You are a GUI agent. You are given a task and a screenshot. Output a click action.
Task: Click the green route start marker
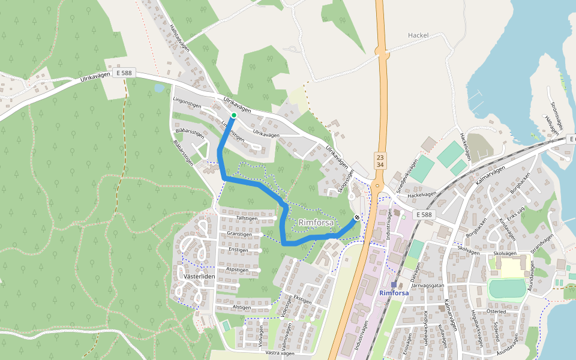tap(233, 115)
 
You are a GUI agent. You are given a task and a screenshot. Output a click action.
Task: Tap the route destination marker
tap(357, 218)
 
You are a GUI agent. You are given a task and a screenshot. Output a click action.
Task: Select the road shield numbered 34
tap(380, 164)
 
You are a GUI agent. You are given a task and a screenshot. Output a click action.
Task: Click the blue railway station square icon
tap(394, 284)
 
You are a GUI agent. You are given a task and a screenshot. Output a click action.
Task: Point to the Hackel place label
tap(418, 35)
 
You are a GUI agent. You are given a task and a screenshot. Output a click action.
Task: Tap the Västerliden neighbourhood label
tap(199, 277)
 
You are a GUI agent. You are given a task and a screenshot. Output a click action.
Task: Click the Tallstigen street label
tap(247, 219)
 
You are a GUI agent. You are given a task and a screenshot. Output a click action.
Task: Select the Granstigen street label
tap(239, 234)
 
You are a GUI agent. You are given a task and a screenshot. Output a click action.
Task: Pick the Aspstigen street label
tap(238, 270)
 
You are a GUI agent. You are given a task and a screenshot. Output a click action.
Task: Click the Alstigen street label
tap(241, 307)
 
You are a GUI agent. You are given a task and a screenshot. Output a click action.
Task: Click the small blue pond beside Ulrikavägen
tap(158, 88)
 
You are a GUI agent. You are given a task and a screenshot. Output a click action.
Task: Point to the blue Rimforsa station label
tap(394, 293)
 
